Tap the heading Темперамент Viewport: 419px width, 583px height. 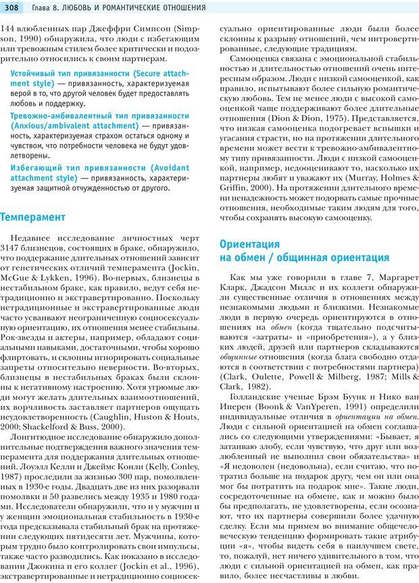tap(33, 217)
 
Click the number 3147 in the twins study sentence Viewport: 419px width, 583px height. tap(14, 250)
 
